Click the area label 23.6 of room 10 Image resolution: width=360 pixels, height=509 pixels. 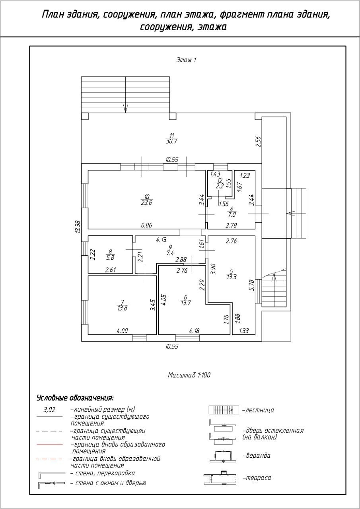(147, 203)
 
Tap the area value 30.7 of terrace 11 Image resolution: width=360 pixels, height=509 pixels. (171, 141)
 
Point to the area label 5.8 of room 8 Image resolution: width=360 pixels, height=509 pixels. (111, 257)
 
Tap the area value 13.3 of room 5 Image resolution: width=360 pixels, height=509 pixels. (232, 277)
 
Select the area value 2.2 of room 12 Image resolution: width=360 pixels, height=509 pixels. (220, 186)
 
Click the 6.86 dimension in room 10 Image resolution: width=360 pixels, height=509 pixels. (147, 225)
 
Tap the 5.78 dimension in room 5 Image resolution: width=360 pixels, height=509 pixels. (251, 285)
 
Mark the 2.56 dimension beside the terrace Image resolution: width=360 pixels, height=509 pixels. (258, 142)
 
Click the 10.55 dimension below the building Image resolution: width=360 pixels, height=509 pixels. (172, 346)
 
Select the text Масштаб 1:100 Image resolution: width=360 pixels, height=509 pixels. (189, 375)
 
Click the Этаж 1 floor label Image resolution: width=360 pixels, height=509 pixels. (186, 60)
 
